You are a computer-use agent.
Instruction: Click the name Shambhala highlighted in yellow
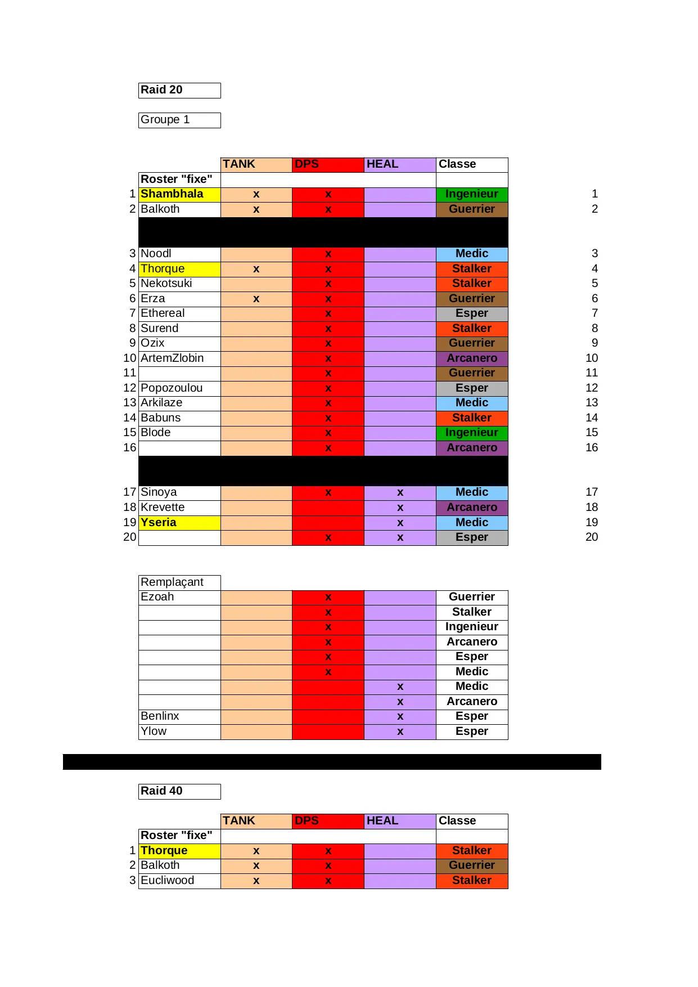pyautogui.click(x=172, y=194)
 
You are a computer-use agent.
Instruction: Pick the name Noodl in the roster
pyautogui.click(x=156, y=254)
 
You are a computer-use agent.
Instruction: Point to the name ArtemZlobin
pyautogui.click(x=172, y=358)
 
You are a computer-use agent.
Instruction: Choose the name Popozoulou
pyautogui.click(x=172, y=388)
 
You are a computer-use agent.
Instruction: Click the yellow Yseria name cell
pyautogui.click(x=159, y=523)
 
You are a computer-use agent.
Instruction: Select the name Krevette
pyautogui.click(x=163, y=508)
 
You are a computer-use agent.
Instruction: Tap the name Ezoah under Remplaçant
pyautogui.click(x=157, y=597)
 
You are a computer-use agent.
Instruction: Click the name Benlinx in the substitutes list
pyautogui.click(x=160, y=716)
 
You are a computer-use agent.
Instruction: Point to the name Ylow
pyautogui.click(x=154, y=732)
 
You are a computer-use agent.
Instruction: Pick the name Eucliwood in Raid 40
pyautogui.click(x=167, y=881)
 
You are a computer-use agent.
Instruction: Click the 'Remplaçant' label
pyautogui.click(x=172, y=582)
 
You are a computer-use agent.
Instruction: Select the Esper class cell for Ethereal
pyautogui.click(x=472, y=313)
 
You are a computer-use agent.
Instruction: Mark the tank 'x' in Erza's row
pyautogui.click(x=256, y=299)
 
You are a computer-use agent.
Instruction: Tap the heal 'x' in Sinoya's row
pyautogui.click(x=400, y=492)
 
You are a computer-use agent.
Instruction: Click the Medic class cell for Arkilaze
pyautogui.click(x=472, y=403)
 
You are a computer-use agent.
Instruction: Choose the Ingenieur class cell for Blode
pyautogui.click(x=472, y=433)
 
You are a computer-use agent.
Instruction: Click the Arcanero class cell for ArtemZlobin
pyautogui.click(x=472, y=358)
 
